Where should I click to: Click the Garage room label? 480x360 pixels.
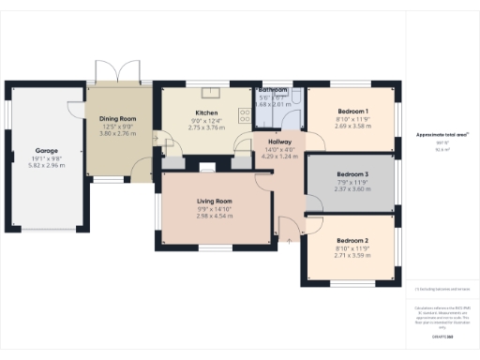point(47,150)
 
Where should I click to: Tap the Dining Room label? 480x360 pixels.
point(118,119)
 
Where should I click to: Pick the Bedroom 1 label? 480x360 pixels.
point(352,111)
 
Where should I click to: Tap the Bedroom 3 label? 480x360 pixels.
point(352,174)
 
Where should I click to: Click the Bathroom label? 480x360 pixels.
point(275,89)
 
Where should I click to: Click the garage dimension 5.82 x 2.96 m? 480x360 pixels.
point(47,166)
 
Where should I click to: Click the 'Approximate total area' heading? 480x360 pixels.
point(442,135)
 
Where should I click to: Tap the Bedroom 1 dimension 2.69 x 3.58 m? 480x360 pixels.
point(352,126)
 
